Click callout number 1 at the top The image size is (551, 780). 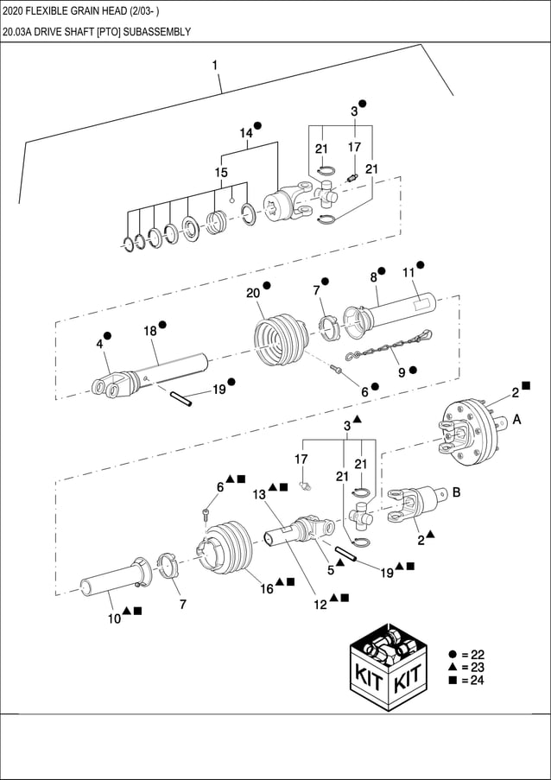[214, 66]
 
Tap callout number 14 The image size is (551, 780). [246, 133]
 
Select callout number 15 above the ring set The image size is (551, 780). [221, 173]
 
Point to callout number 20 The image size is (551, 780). [252, 293]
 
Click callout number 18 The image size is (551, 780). [149, 331]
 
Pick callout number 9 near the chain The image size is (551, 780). [402, 372]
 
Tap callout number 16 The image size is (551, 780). [268, 588]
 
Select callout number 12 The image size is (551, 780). [320, 605]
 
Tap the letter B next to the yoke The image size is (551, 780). [455, 493]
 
